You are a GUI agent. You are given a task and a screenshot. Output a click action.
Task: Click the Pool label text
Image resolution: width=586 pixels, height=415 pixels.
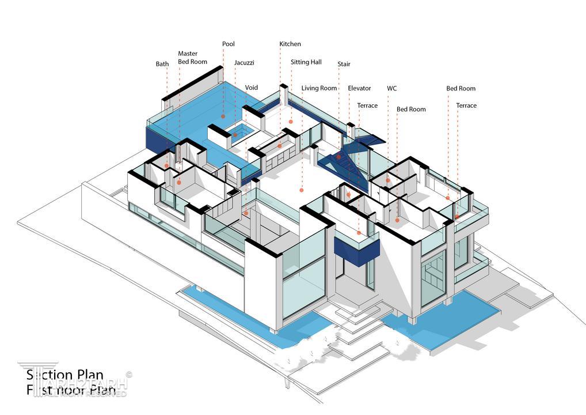point(229,44)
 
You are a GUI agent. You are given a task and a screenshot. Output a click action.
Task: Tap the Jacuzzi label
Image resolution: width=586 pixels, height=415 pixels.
point(244,63)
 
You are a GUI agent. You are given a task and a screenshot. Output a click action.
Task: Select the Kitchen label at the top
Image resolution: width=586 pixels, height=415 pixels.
point(290,44)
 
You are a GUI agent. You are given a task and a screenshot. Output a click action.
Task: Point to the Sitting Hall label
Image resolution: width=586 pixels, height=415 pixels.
point(306,62)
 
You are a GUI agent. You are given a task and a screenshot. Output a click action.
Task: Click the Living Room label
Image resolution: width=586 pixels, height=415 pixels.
point(319,88)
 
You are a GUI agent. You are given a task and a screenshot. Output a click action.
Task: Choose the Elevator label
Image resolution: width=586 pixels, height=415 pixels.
point(359,88)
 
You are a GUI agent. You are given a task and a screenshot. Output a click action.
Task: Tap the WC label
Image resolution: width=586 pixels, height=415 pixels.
point(391,88)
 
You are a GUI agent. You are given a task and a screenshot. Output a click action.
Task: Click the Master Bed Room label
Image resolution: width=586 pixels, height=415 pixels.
point(192,58)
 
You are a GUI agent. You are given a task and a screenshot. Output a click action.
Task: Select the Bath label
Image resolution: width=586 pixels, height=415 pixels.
point(162,64)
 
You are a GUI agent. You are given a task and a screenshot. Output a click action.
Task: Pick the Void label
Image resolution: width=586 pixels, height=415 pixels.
point(252,88)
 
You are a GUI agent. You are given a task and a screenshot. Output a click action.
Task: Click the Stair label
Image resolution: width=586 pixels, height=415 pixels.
point(344,64)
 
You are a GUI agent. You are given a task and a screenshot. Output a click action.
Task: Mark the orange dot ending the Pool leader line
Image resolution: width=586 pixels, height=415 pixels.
point(223,116)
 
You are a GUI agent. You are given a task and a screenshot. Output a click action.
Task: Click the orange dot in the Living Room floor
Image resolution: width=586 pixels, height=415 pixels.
point(302,190)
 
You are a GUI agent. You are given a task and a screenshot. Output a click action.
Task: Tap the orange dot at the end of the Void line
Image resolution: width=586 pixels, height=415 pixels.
point(246,213)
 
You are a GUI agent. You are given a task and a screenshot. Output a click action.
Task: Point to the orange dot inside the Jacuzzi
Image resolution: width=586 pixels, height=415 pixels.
point(235,135)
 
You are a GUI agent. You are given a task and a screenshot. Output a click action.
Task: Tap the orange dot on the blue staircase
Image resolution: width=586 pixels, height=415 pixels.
point(338,157)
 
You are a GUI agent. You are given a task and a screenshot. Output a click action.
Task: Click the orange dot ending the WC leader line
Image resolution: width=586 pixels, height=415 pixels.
point(388,180)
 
